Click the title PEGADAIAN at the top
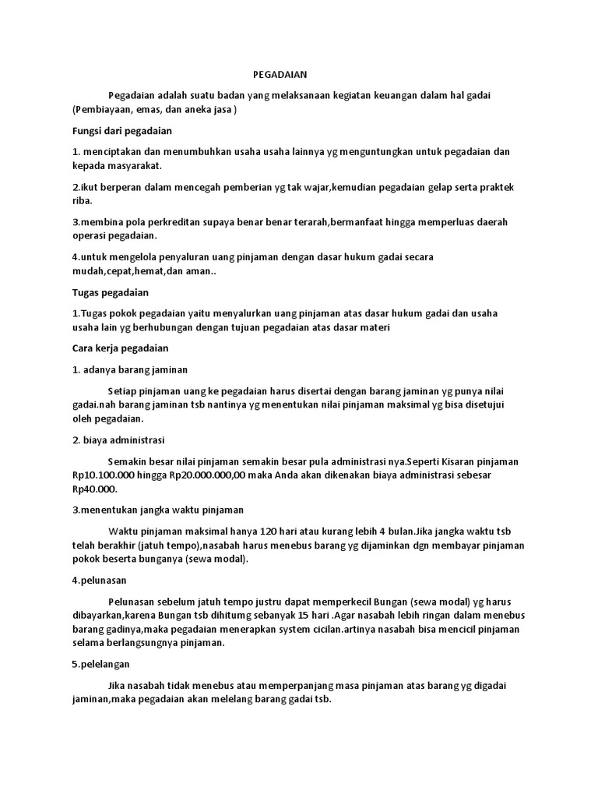[x=281, y=75]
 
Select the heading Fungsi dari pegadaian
[x=122, y=130]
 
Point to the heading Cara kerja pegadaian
[x=120, y=348]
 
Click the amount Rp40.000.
[x=93, y=489]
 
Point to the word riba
[x=81, y=200]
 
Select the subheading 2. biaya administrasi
[x=118, y=440]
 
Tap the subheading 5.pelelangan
[x=101, y=665]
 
